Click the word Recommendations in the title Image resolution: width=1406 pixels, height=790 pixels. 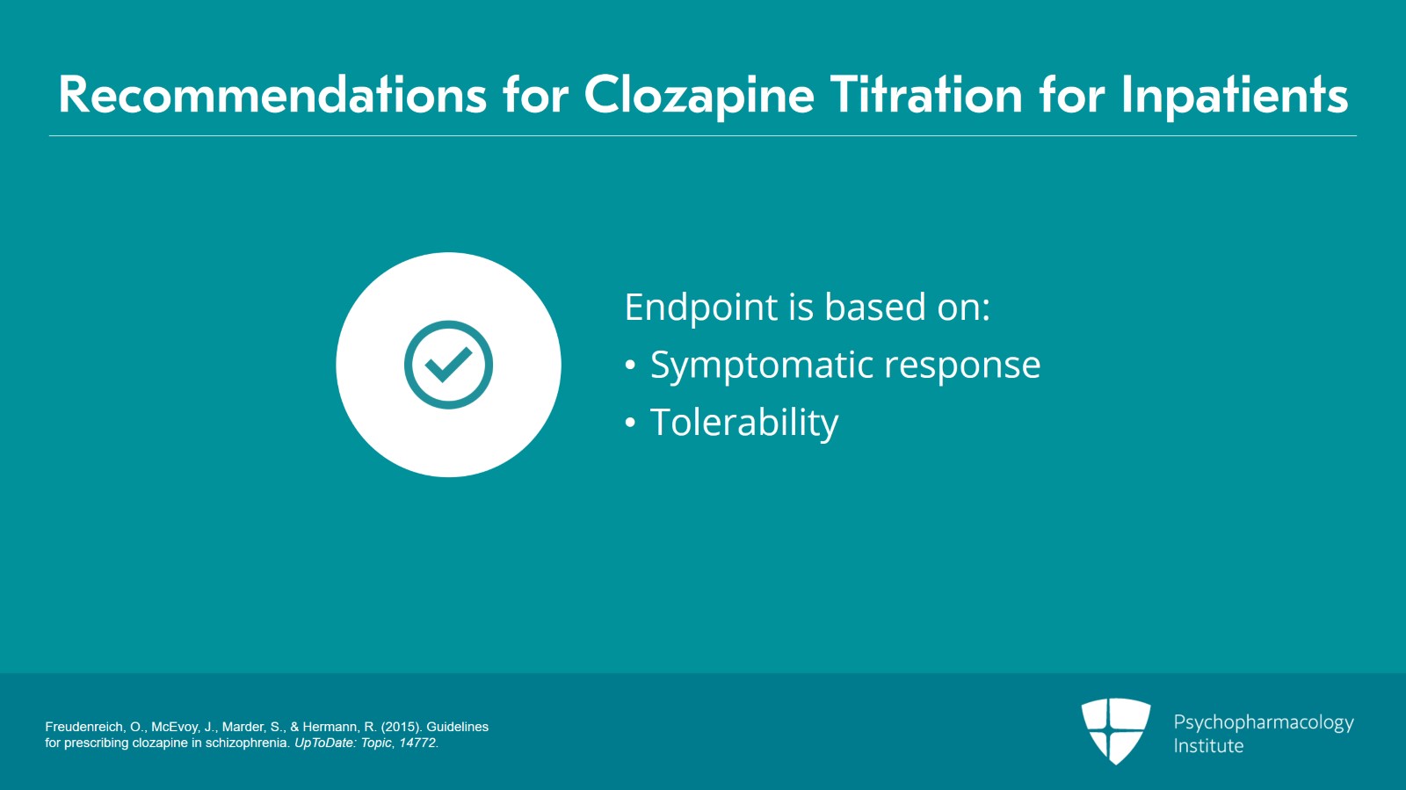[x=272, y=95]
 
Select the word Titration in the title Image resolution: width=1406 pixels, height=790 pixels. [x=926, y=95]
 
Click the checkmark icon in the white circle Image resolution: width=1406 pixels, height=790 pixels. [x=448, y=365]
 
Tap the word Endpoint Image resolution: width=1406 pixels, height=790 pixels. [x=701, y=308]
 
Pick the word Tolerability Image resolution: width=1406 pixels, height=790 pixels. [x=744, y=424]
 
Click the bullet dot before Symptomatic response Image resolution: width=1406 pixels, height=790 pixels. [x=630, y=366]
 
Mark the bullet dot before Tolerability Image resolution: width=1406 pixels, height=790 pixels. [x=630, y=424]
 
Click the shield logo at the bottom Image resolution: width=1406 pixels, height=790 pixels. [x=1116, y=730]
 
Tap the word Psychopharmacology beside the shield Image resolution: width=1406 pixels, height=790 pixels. [x=1264, y=722]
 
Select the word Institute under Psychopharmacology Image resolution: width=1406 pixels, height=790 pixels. [x=1208, y=746]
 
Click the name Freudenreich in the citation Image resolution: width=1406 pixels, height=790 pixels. [x=84, y=727]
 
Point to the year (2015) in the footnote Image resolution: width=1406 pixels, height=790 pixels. [x=400, y=727]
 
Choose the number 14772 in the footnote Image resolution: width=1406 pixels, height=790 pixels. [x=417, y=743]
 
